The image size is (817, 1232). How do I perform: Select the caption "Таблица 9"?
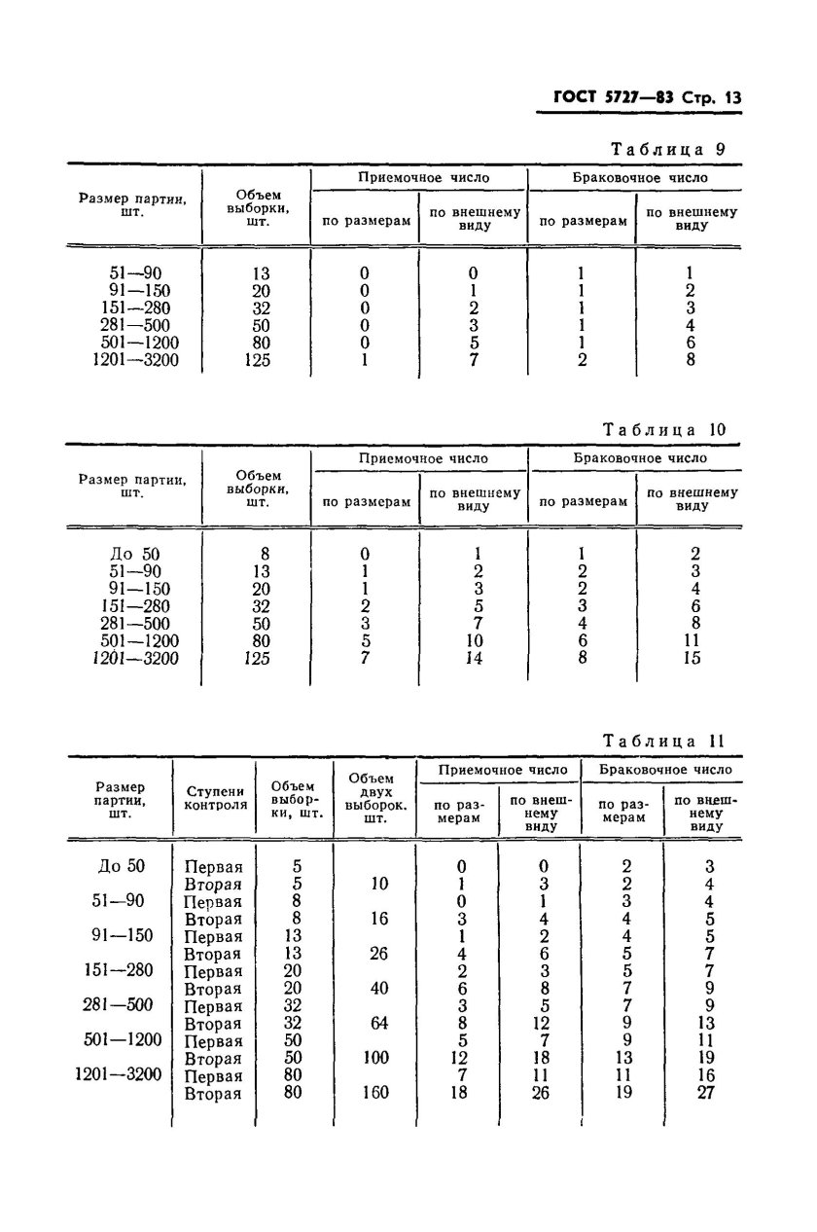click(x=667, y=150)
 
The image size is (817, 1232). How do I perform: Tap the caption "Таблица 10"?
click(x=664, y=429)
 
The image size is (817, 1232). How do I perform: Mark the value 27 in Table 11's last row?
click(x=706, y=1093)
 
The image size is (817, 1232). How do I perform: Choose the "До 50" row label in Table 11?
click(x=122, y=866)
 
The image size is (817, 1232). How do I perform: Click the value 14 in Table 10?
click(x=474, y=659)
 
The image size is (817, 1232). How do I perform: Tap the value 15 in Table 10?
click(x=692, y=659)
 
